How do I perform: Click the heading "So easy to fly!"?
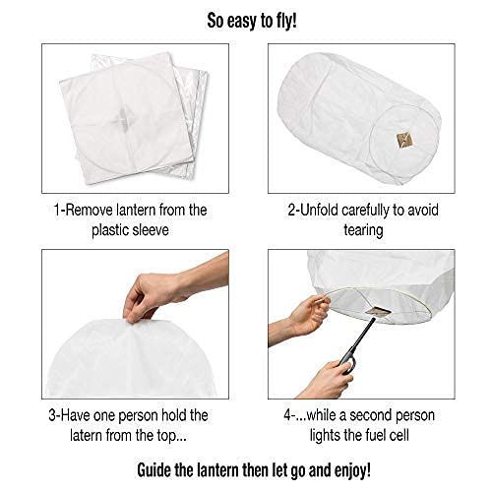246,19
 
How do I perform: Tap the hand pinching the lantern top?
162,290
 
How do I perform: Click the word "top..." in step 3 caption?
166,434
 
